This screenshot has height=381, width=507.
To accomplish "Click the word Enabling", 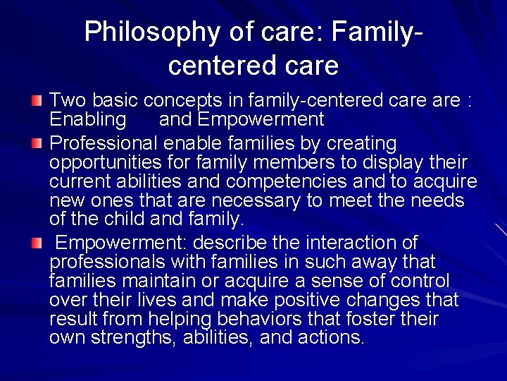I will point(88,119).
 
